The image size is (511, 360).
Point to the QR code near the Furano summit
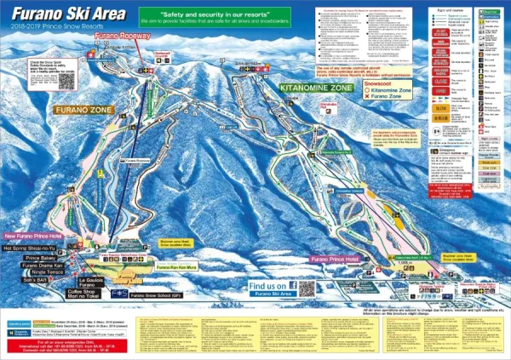66,81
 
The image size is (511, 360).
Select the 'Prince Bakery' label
40,258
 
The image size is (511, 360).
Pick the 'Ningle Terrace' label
42,272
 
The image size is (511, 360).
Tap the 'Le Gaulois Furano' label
89,283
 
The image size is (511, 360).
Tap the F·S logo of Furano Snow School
118,294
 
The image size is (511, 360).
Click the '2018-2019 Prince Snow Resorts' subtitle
48,27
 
